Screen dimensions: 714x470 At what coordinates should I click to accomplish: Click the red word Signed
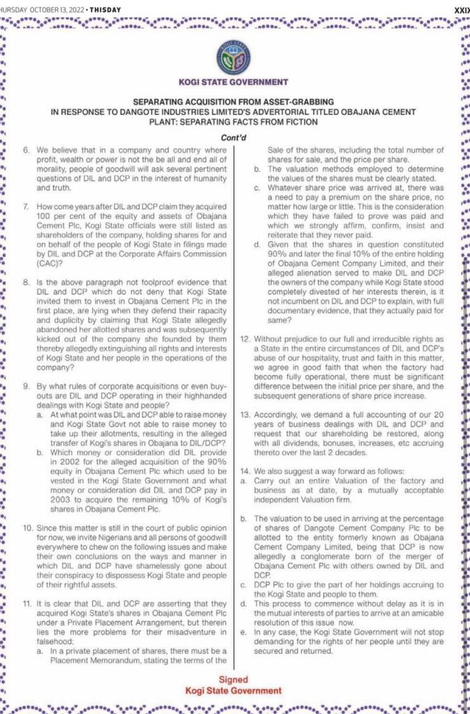pyautogui.click(x=234, y=678)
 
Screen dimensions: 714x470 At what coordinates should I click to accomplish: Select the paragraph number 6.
pyautogui.click(x=26, y=150)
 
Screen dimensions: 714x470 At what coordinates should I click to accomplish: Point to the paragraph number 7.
pyautogui.click(x=26, y=208)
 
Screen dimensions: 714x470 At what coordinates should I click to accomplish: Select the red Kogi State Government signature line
pyautogui.click(x=234, y=690)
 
